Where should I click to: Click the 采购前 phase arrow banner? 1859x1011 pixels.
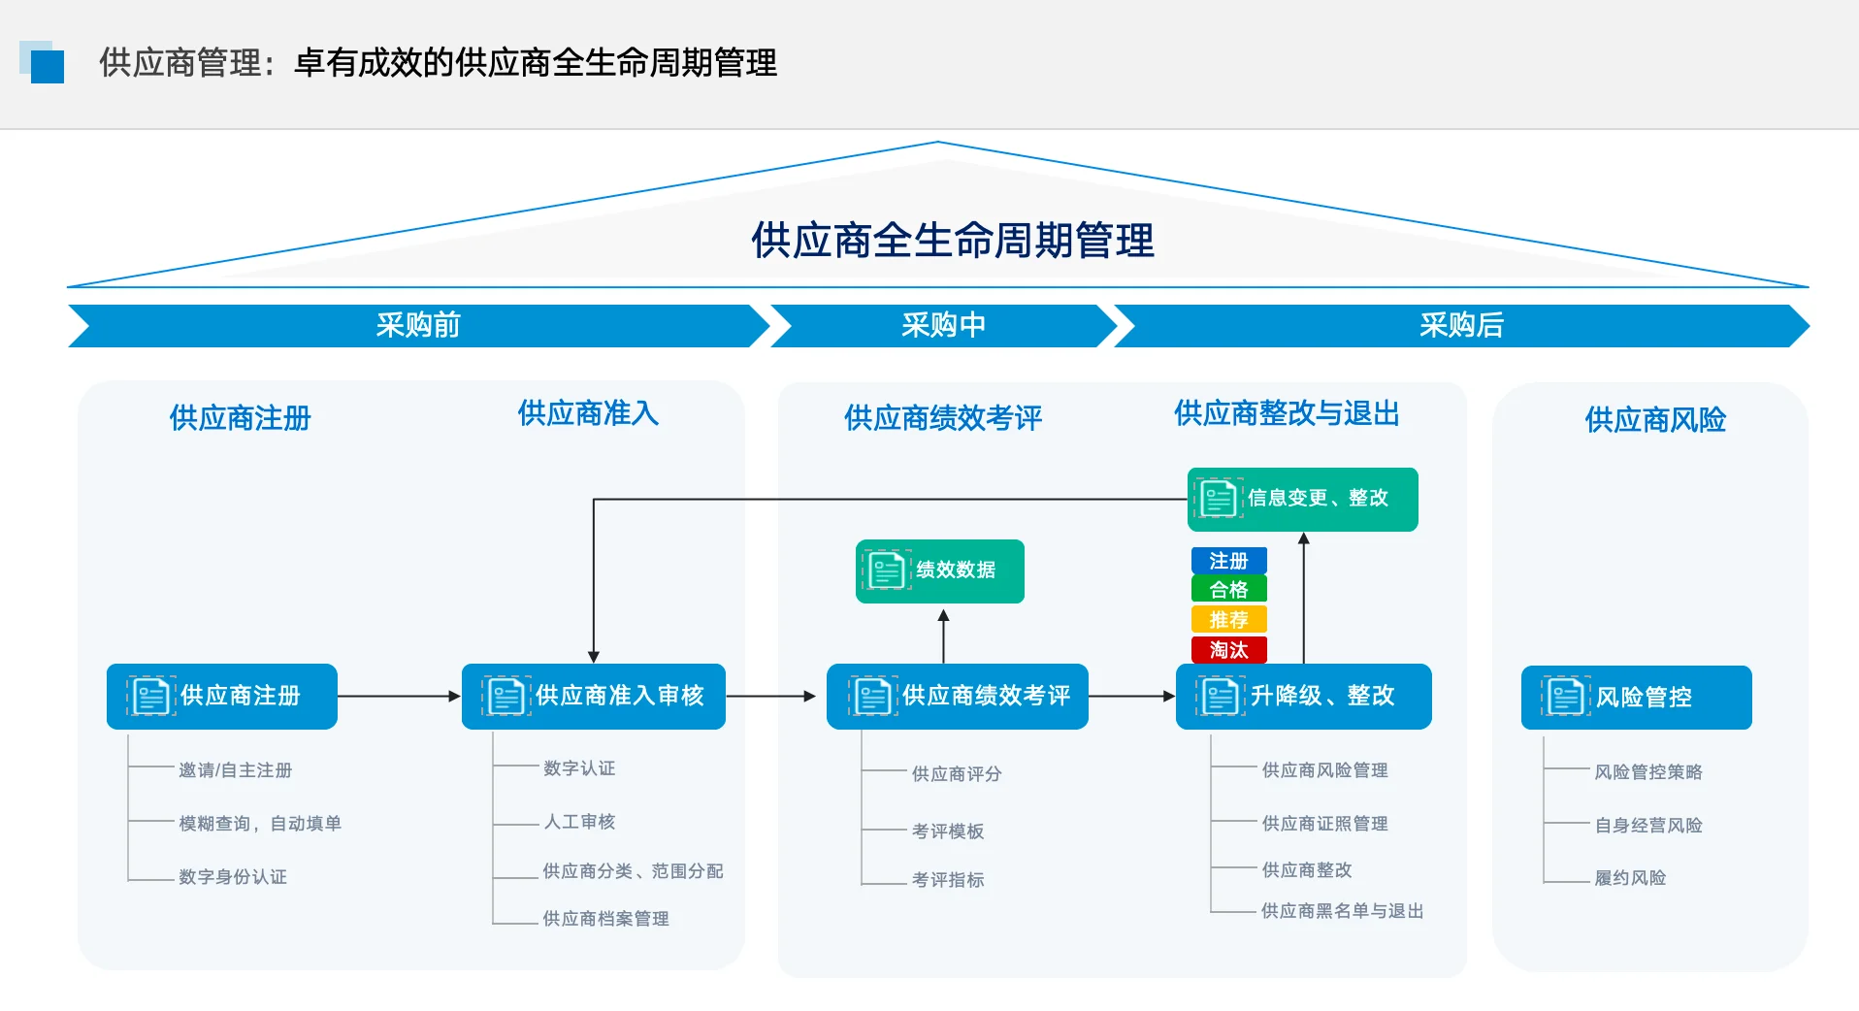(417, 325)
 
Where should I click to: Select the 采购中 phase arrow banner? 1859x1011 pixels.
(943, 325)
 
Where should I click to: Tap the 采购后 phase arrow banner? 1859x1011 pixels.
(1460, 325)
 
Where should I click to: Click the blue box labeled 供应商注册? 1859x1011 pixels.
(222, 697)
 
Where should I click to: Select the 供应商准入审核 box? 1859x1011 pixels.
(593, 697)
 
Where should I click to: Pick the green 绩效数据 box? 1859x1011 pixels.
(939, 571)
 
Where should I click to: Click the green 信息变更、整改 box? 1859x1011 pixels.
(1302, 499)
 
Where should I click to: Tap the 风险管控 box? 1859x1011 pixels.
(1636, 698)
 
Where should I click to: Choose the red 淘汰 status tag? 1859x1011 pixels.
(1228, 650)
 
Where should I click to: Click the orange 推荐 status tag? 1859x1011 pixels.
(1228, 620)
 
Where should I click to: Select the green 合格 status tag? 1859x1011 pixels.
(1228, 590)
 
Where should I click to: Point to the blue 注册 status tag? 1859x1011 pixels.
(1228, 561)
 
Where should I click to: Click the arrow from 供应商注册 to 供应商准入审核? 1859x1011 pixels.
(399, 696)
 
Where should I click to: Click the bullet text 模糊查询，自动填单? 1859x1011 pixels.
(259, 824)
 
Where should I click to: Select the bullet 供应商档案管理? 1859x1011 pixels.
(605, 919)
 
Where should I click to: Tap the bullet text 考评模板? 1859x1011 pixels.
(947, 832)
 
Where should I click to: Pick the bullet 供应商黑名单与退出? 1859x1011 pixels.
(1342, 911)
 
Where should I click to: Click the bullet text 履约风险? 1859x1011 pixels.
(1630, 878)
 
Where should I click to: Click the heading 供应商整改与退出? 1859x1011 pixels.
(1287, 414)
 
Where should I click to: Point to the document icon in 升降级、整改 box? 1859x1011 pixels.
(1220, 697)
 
